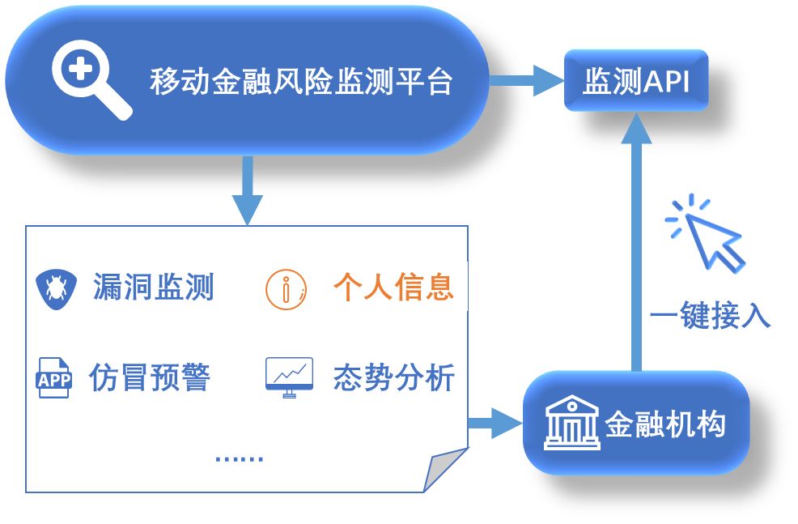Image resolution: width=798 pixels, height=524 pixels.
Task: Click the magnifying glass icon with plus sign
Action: [x=90, y=79]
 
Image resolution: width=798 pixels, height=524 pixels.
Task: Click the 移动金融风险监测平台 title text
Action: [x=300, y=82]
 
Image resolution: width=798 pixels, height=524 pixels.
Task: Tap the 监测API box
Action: [x=635, y=81]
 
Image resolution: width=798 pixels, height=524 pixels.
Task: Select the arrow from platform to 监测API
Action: [x=526, y=81]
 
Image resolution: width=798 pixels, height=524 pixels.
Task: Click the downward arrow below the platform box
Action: [x=247, y=191]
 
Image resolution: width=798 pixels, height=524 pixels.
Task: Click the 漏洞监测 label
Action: [x=154, y=287]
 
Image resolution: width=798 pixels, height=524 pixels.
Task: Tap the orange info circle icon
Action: [x=287, y=288]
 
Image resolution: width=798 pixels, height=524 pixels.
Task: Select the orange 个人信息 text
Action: [x=393, y=287]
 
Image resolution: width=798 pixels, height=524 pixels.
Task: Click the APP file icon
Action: [x=54, y=378]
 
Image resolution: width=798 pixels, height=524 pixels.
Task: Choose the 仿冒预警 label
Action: [x=151, y=377]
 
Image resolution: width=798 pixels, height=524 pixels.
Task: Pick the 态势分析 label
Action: [x=394, y=377]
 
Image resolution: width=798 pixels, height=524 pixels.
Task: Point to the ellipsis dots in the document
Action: [x=240, y=458]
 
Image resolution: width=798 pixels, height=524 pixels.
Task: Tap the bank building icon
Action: [x=571, y=422]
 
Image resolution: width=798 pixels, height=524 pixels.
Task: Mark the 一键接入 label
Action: [x=710, y=317]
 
